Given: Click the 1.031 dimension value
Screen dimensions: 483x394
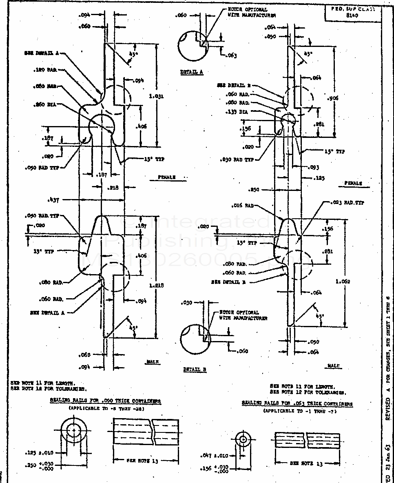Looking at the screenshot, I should tap(157, 97).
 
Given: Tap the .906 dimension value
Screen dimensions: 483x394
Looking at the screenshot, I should tap(333, 98).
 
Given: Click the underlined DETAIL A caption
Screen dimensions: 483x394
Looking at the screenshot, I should tap(192, 72).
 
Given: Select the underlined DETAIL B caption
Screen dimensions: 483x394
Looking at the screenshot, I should tap(195, 370).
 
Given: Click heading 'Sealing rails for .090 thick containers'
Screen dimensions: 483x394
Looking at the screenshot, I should tap(105, 401).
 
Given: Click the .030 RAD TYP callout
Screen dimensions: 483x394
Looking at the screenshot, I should tap(237, 160).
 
